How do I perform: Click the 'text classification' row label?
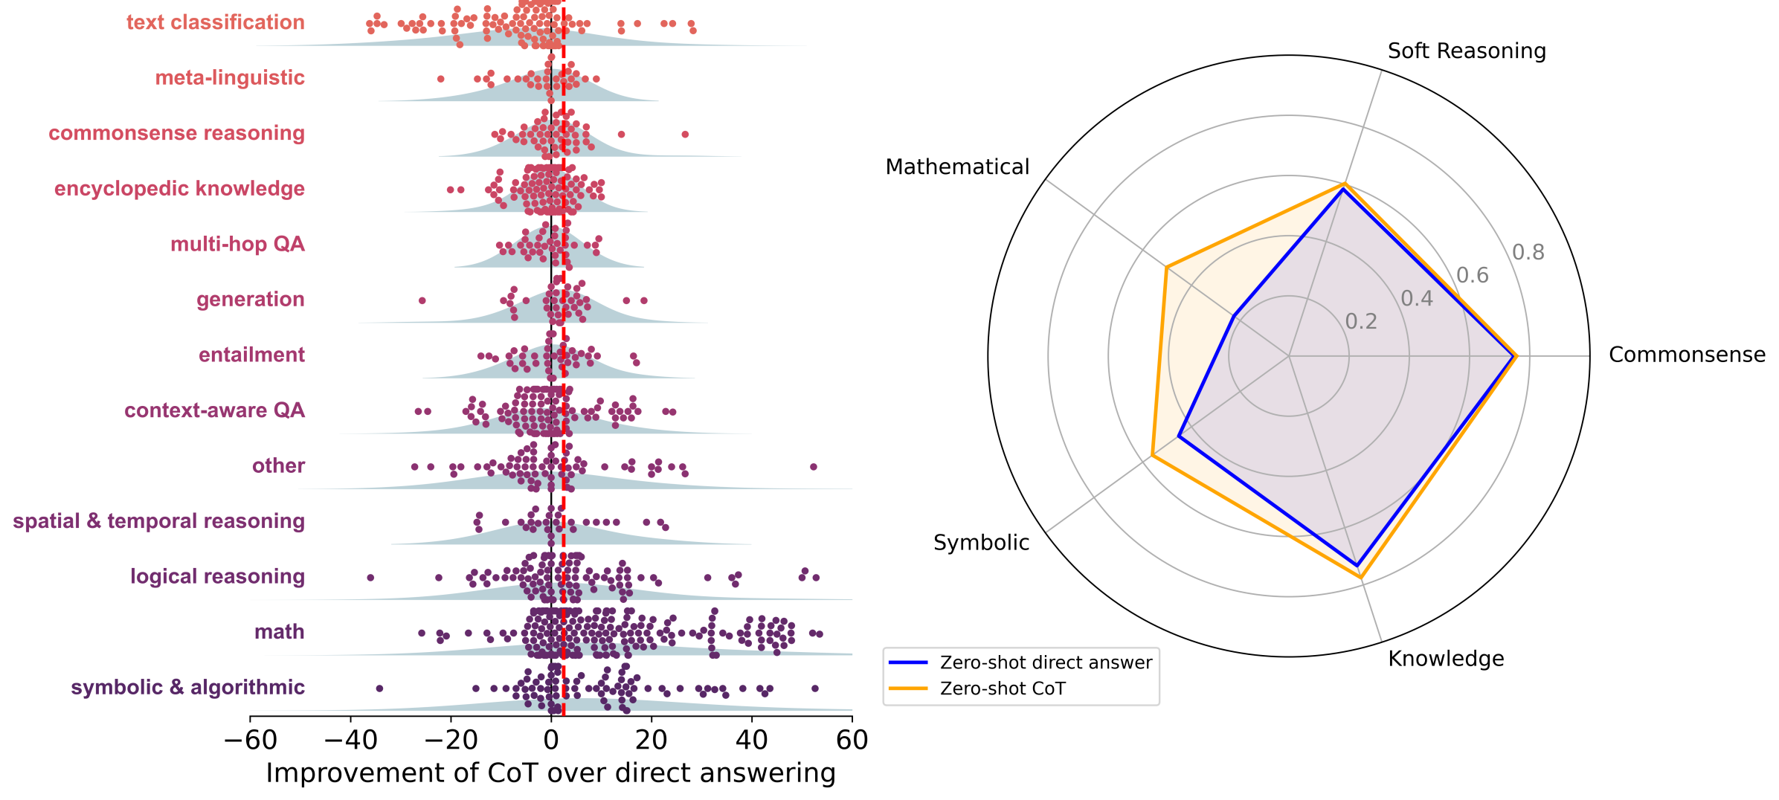(215, 22)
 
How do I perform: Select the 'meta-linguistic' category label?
(229, 78)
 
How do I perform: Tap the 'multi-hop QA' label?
(237, 244)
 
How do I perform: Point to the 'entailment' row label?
(251, 355)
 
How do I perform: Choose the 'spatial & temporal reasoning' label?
(158, 521)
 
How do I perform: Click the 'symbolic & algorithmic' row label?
(187, 687)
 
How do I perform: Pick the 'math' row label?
(279, 632)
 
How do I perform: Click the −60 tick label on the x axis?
(251, 741)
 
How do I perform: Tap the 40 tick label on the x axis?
(751, 741)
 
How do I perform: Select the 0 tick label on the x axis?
(551, 741)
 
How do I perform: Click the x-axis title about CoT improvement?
(550, 773)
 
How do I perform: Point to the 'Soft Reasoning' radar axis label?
(1467, 51)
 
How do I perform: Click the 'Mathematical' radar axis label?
(957, 167)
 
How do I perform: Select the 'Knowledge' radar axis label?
(1446, 659)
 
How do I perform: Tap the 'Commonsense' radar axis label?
(1687, 355)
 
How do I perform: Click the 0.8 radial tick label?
(1528, 253)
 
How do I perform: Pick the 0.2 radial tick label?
(1361, 321)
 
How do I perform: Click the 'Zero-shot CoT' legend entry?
(1002, 688)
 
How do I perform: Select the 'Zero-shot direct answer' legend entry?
(1045, 662)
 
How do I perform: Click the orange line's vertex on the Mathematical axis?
(1166, 267)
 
